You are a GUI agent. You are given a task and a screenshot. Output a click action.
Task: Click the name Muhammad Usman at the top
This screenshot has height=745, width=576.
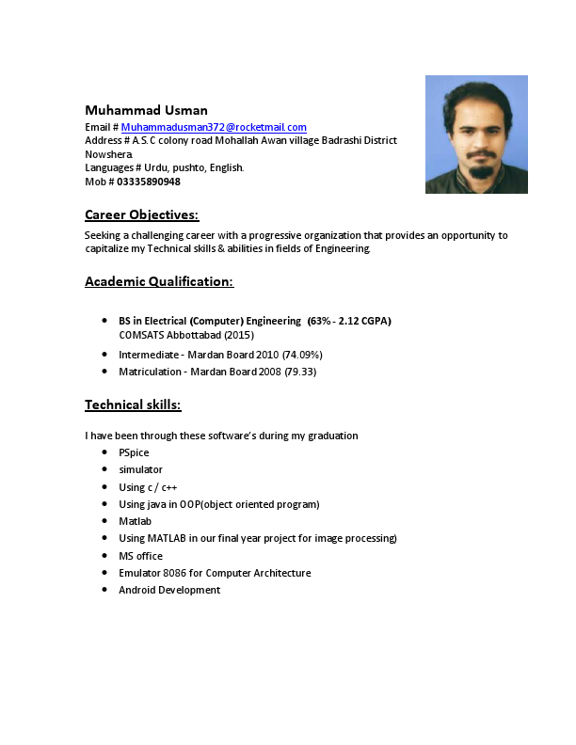[x=146, y=110]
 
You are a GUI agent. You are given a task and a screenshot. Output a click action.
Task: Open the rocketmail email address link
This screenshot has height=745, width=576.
[x=214, y=127]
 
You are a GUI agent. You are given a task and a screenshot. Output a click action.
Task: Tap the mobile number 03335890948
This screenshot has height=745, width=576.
[x=149, y=182]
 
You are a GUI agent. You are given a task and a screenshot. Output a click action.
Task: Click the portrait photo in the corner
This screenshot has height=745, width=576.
[x=476, y=135]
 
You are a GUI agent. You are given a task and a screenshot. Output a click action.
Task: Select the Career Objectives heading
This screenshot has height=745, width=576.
[x=141, y=214]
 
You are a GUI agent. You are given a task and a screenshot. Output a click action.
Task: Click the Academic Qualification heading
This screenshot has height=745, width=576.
[x=159, y=281]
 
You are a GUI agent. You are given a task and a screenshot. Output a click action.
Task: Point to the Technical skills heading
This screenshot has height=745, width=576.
[x=133, y=404]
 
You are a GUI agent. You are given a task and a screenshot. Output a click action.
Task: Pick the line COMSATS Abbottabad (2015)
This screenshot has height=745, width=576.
[x=186, y=335]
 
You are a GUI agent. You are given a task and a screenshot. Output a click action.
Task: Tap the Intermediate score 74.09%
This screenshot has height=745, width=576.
[x=303, y=355]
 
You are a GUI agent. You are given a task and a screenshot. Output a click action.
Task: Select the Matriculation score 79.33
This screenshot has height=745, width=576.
[x=299, y=372]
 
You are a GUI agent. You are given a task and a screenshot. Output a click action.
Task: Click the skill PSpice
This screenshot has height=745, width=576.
[x=134, y=452]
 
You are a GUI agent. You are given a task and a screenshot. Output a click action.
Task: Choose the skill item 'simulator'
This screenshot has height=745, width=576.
[x=140, y=469]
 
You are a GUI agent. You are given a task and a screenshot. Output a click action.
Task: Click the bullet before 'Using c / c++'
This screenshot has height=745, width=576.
[x=105, y=487]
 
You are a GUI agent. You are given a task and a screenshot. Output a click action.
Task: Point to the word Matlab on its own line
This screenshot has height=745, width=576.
[x=135, y=521]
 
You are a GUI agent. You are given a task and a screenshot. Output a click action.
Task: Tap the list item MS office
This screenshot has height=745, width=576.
[x=140, y=556]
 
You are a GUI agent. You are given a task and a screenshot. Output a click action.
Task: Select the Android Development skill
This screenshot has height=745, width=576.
[x=169, y=590]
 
